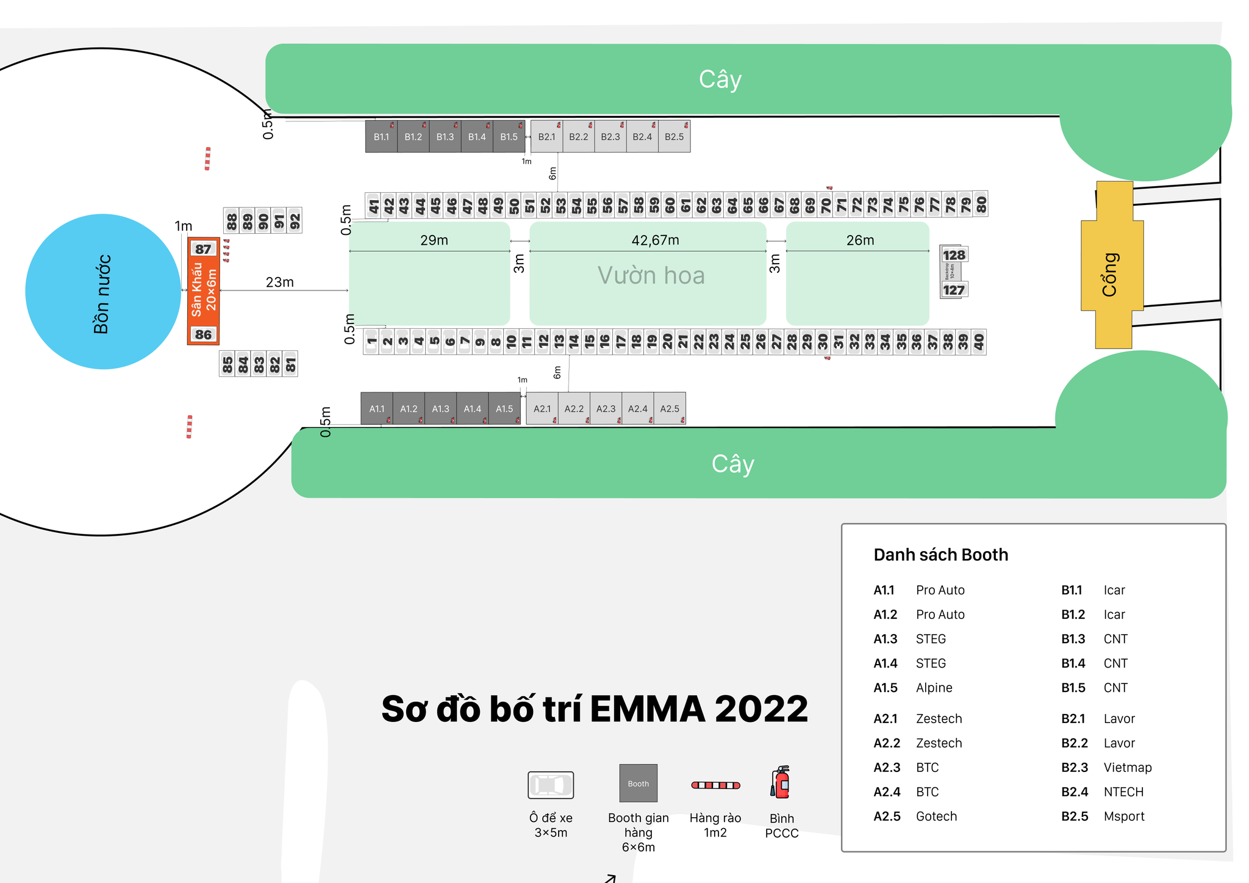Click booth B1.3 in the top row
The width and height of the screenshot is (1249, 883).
tap(445, 137)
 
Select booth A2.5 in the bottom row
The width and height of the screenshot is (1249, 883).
tap(669, 408)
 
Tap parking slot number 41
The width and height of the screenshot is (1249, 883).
tap(373, 205)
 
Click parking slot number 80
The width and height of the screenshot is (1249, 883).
tap(981, 204)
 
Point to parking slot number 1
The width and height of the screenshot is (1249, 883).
tap(371, 342)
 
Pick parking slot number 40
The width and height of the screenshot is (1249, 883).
tap(978, 342)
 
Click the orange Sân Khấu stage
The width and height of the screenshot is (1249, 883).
tap(203, 291)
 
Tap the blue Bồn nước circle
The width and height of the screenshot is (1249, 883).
tap(102, 292)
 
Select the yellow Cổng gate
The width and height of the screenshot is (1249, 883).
tap(1111, 265)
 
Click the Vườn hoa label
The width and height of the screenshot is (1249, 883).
tap(651, 275)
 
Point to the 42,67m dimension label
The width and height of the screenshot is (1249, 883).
tap(655, 240)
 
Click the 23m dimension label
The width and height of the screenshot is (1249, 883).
tap(279, 282)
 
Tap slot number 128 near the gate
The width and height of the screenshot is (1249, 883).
tap(954, 255)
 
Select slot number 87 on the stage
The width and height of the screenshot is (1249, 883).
tap(203, 249)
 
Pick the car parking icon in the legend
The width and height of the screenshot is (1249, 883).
tap(550, 785)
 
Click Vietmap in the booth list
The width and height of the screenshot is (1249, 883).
tap(1127, 767)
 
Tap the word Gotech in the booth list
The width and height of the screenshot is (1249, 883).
tap(936, 816)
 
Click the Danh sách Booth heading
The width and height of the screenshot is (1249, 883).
tap(940, 554)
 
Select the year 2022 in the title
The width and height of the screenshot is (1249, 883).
tap(760, 709)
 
